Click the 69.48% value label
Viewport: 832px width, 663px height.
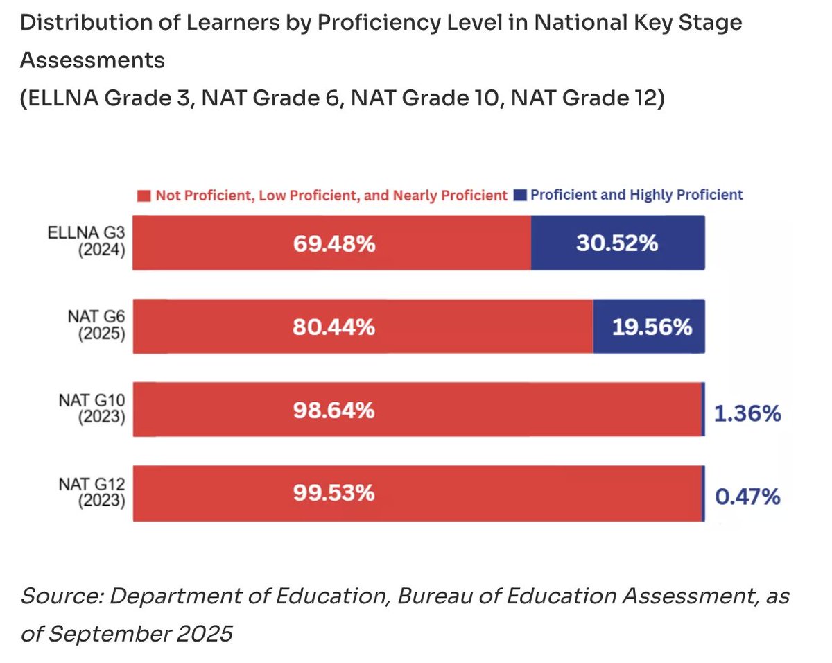click(333, 243)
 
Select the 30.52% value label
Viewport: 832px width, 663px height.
click(617, 243)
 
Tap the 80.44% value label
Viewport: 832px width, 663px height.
click(333, 327)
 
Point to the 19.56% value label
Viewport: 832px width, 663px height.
click(652, 327)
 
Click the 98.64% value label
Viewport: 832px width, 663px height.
click(333, 411)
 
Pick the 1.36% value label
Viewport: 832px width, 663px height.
click(747, 414)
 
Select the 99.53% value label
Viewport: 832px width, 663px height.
click(333, 493)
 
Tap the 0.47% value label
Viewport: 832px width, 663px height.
click(747, 497)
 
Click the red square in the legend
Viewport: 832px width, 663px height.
click(144, 196)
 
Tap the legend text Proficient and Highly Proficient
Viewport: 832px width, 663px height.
click(636, 195)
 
